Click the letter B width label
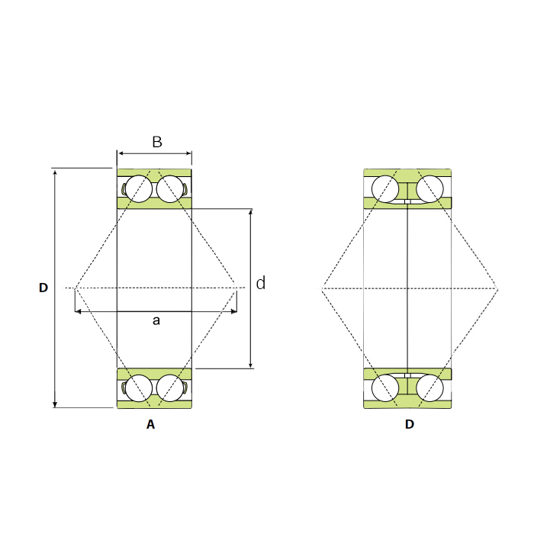tap(157, 142)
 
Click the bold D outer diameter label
tap(43, 288)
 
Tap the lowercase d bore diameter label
tap(261, 283)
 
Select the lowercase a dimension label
tap(156, 320)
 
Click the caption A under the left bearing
tap(150, 424)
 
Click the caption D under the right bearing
tap(410, 424)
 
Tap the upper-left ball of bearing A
tap(139, 189)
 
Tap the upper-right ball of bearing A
tap(170, 189)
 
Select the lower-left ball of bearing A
tap(139, 388)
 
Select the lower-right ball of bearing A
tap(170, 388)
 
